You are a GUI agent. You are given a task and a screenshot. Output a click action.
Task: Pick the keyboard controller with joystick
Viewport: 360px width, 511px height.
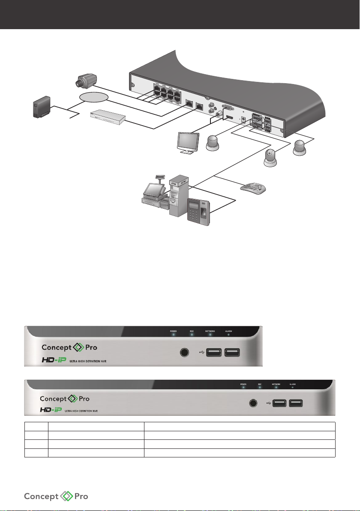tap(253, 188)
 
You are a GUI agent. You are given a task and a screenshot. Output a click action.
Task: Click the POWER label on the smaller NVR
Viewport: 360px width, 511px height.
tap(173, 331)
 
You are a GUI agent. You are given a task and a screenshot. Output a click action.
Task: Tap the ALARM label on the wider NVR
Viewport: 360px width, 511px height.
tap(293, 384)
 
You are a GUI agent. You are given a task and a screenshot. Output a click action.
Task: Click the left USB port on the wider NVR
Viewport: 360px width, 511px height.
tap(279, 403)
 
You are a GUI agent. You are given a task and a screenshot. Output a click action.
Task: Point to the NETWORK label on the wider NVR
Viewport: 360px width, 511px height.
tap(276, 384)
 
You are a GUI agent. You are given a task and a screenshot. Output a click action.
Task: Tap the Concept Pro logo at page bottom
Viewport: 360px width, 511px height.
tap(56, 496)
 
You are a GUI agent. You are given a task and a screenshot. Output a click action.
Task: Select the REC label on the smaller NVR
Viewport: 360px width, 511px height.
tap(192, 331)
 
